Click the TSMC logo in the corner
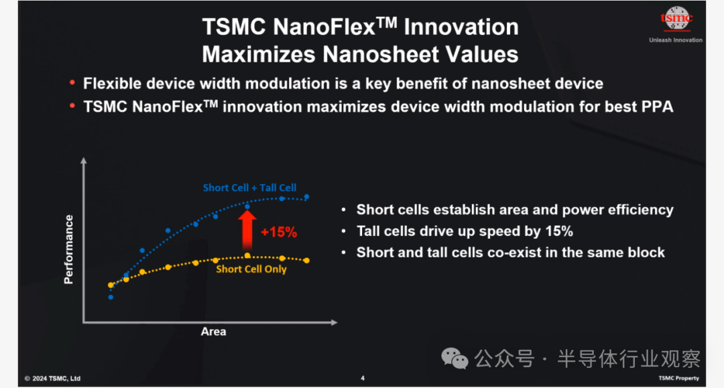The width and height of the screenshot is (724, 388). pos(676,19)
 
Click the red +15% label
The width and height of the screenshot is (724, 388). pos(279,232)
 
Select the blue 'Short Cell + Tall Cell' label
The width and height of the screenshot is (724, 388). pos(249,188)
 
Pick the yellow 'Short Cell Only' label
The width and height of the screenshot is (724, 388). pos(251,269)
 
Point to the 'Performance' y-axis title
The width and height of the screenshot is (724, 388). pos(69,249)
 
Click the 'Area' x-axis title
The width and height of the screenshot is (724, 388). pos(213,331)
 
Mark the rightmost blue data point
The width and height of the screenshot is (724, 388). pos(306,197)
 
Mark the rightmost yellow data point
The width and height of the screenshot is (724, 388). pos(306,261)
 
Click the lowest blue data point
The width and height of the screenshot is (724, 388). pos(111,297)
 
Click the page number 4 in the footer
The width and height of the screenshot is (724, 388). pos(363,379)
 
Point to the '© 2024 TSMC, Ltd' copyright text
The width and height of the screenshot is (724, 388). pos(52,379)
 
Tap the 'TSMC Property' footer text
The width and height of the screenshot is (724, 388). pos(678,379)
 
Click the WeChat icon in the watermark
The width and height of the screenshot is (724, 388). pos(455,359)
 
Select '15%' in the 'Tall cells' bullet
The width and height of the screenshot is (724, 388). pos(559,231)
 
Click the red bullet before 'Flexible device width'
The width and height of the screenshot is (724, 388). pos(72,82)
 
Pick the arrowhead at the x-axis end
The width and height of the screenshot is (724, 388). pos(335,322)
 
